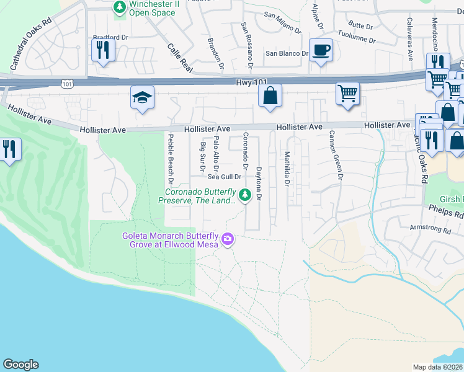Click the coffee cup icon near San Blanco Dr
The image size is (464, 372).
321,50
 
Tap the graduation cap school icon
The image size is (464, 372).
142,97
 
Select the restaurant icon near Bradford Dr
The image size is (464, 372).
103,50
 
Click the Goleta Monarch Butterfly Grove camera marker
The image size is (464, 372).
228,239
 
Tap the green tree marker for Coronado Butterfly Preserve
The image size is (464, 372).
245,195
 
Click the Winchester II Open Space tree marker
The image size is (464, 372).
119,7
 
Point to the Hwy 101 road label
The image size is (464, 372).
252,82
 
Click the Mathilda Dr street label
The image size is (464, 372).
287,169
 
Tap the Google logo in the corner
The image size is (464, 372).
20,365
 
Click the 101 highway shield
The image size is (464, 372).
66,82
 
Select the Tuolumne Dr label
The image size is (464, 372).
356,36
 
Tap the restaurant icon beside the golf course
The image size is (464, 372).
10,150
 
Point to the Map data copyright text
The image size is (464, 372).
438,367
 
